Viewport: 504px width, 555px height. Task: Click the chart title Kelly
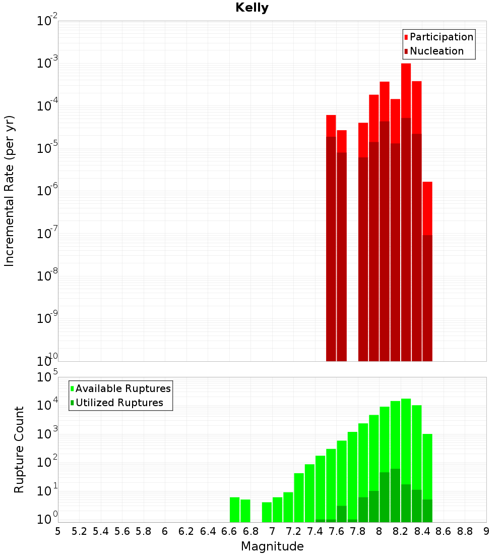[x=252, y=8]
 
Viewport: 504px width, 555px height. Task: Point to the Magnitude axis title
[x=272, y=546]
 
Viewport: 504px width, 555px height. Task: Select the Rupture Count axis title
[x=19, y=449]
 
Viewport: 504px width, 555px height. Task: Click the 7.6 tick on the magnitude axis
[x=336, y=531]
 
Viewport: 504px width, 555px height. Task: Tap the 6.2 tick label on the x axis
[x=186, y=531]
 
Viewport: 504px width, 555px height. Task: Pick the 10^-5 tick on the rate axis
[x=47, y=148]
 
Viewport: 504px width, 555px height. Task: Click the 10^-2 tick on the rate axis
[x=47, y=21]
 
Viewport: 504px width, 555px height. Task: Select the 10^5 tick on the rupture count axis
[x=47, y=377]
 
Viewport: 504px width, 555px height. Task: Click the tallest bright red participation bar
[x=406, y=91]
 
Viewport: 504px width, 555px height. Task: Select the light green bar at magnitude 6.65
[x=234, y=510]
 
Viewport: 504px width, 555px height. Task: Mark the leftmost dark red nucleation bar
[x=331, y=247]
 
